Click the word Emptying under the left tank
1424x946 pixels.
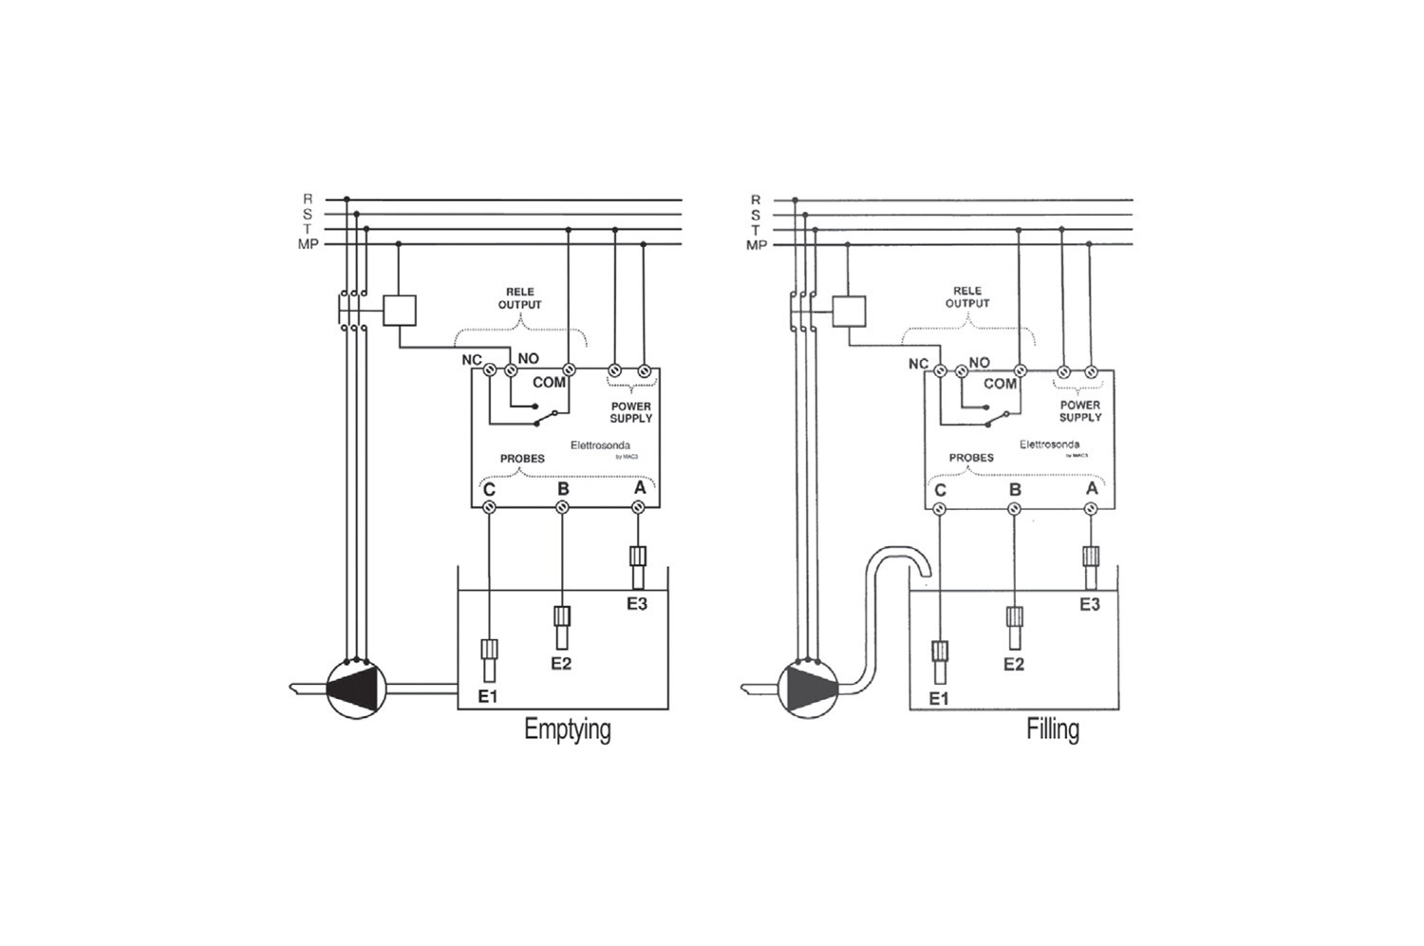point(567,729)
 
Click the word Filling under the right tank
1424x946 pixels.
point(1052,729)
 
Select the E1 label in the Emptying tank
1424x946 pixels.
point(488,697)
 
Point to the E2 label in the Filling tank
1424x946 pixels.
point(1014,664)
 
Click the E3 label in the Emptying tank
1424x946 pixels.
point(636,603)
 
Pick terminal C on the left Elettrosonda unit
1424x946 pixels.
point(489,490)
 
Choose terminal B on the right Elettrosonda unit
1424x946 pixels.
point(1015,490)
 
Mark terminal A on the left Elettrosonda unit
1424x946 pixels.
point(639,488)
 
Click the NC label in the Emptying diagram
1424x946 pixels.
point(471,360)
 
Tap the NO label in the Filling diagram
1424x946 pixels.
point(979,363)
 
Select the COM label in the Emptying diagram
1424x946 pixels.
point(549,383)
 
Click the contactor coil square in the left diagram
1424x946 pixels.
point(400,311)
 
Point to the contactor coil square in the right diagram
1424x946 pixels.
point(849,311)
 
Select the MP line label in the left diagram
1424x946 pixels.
point(308,245)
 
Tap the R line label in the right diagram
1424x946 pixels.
point(756,199)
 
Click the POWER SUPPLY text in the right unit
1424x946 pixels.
point(1079,411)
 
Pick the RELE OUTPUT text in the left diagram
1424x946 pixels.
point(519,298)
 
